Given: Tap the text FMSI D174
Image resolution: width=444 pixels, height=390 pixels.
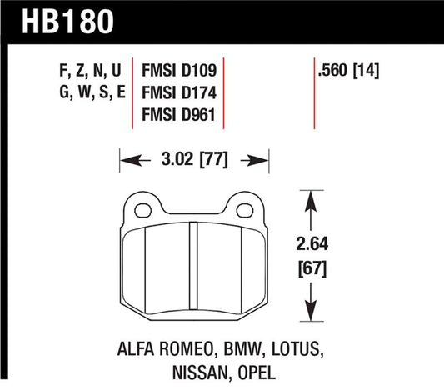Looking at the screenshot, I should (x=180, y=94).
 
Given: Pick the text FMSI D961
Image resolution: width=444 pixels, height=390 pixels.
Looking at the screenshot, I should (x=180, y=115).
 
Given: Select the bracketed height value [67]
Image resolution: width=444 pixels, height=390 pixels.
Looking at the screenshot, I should (x=311, y=268).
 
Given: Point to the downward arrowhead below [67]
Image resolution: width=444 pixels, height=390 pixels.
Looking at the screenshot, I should (x=311, y=314).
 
